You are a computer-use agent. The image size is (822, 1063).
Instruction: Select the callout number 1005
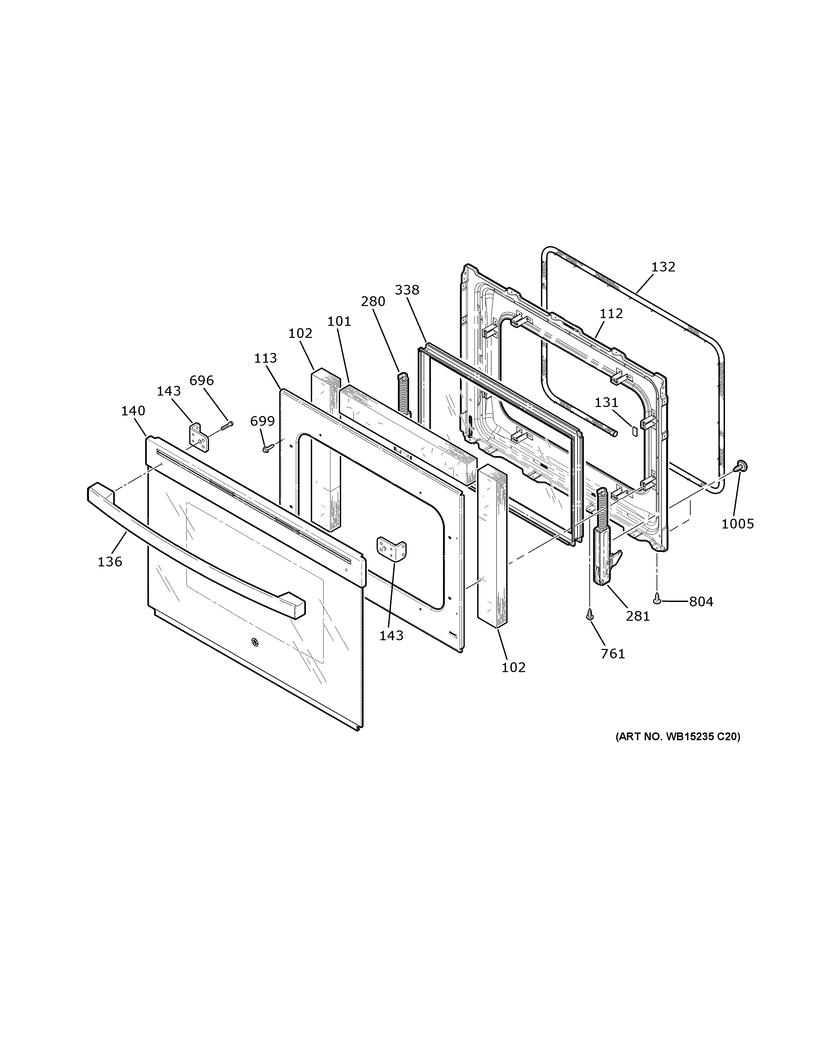(x=737, y=524)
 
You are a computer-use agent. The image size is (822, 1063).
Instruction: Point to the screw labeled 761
(x=590, y=615)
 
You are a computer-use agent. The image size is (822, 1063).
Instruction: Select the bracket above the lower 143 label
(x=392, y=550)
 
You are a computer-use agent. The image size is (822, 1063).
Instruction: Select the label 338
(x=407, y=290)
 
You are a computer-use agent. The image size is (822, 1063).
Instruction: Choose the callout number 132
(x=663, y=267)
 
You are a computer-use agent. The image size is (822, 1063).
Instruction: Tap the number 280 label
(x=373, y=301)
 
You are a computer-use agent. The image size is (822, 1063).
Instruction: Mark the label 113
(x=265, y=358)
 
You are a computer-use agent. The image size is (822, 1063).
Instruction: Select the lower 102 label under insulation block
(x=514, y=667)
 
